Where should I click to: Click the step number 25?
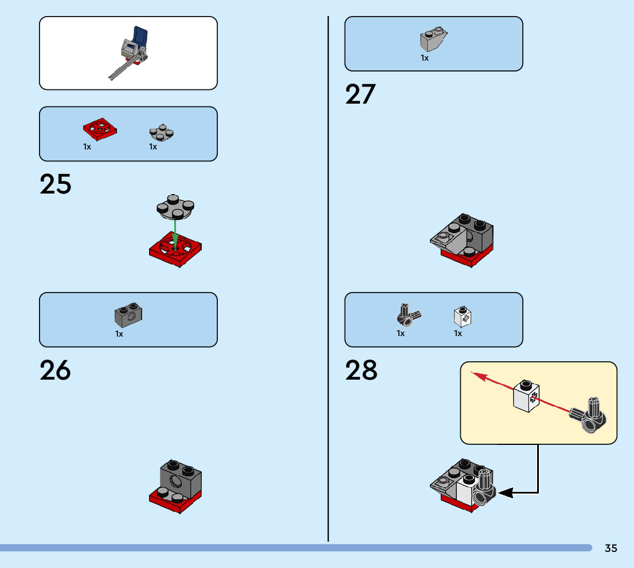[56, 184]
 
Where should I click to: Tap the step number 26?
[56, 370]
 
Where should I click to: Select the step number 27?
[360, 94]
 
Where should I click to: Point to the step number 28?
[361, 370]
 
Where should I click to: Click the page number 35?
[610, 548]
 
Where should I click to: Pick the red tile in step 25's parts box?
[99, 129]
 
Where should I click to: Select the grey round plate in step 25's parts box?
[161, 132]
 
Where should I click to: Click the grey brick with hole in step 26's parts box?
[129, 313]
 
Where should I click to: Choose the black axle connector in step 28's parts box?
[408, 313]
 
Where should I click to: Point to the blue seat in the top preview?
[139, 39]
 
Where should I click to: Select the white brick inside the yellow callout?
[527, 395]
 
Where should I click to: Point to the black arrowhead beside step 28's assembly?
[506, 492]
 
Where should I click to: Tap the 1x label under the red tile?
[87, 147]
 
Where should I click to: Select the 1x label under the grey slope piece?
[425, 58]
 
